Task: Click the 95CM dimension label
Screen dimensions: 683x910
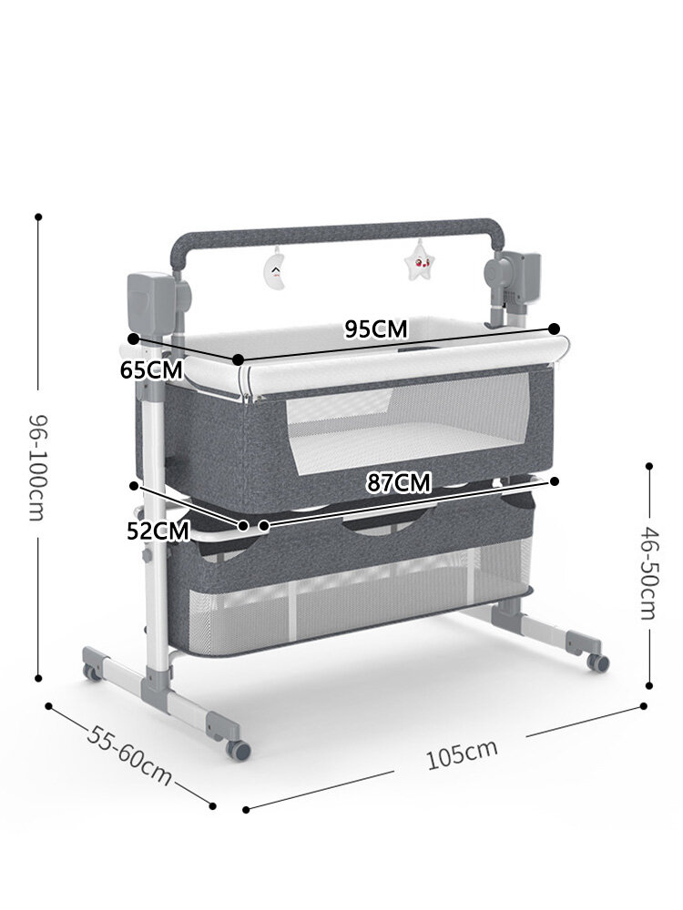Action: [376, 329]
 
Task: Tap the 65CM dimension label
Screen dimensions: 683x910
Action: [151, 369]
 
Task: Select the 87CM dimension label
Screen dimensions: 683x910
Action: [399, 483]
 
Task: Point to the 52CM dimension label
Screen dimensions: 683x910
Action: [158, 531]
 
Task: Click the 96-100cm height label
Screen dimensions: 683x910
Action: [37, 468]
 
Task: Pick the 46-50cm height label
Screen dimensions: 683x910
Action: [648, 572]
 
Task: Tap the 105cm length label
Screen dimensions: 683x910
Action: [462, 753]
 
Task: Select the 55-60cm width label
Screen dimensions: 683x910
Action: [129, 755]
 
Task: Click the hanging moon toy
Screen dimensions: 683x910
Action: [275, 268]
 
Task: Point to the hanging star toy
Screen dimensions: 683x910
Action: [420, 260]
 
